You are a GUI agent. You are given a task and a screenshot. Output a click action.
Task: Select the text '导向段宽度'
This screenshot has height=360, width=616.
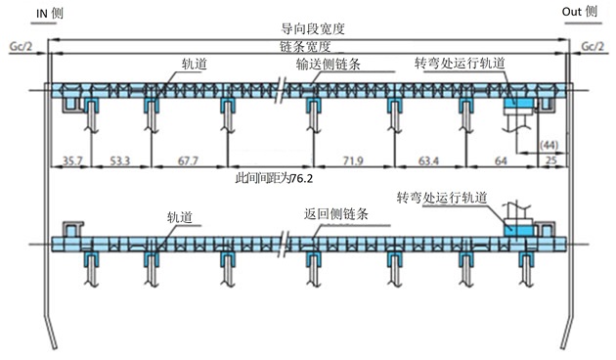click(306, 30)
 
